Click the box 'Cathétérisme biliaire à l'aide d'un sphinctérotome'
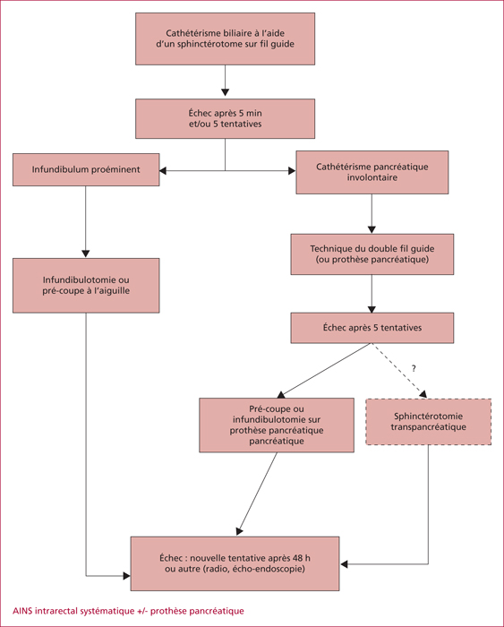[x=225, y=39]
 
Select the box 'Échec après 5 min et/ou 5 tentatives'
[x=225, y=119]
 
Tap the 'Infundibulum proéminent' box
[x=86, y=169]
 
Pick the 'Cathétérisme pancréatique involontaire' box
[x=372, y=172]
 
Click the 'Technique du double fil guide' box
[x=372, y=254]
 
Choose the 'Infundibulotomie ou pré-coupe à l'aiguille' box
[x=86, y=286]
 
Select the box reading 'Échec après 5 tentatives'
[x=372, y=328]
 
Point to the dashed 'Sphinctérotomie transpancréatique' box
[x=429, y=422]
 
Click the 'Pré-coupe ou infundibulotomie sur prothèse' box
[x=277, y=425]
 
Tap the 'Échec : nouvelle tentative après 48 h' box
[x=235, y=563]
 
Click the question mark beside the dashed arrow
[x=414, y=368]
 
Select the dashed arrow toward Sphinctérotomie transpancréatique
[x=399, y=370]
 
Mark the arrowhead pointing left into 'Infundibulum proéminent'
[x=163, y=171]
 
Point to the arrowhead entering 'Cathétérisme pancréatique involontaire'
[x=292, y=171]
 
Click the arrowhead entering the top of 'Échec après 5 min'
[x=225, y=92]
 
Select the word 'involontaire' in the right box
[x=372, y=177]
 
